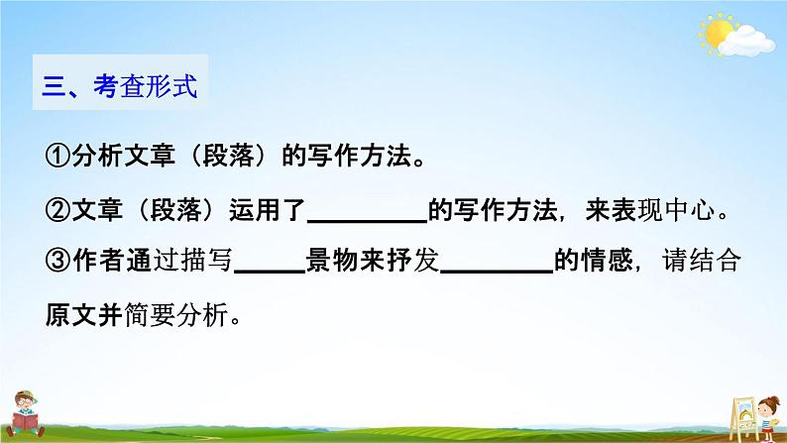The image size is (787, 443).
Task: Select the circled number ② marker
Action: tap(56, 210)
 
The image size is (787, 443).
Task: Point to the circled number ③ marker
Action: tap(56, 263)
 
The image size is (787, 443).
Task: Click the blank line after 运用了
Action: tap(370, 218)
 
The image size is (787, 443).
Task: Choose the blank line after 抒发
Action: tap(495, 271)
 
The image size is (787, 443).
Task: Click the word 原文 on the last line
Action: tap(68, 315)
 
